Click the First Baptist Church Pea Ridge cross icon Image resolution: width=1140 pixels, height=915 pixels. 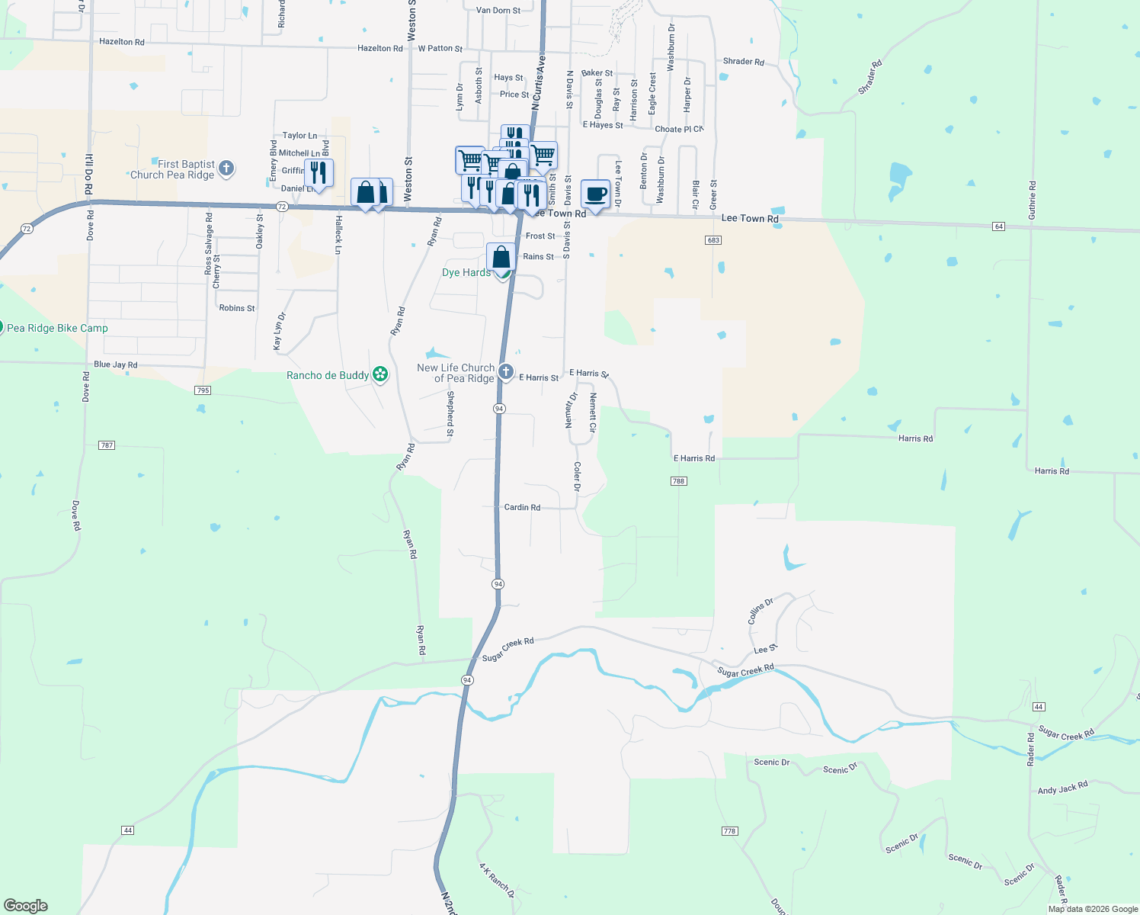(x=226, y=169)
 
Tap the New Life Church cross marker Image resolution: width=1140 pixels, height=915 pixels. (x=506, y=372)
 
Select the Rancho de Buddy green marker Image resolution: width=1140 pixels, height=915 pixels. (x=380, y=374)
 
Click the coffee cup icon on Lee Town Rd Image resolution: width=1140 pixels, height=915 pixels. (x=595, y=194)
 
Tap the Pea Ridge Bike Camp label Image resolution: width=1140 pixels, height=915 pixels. (x=57, y=328)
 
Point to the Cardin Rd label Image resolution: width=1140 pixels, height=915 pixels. (x=522, y=507)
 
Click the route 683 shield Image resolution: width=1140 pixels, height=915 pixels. (x=713, y=240)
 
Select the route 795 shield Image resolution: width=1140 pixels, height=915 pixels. (x=203, y=390)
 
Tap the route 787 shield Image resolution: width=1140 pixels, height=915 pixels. (x=107, y=445)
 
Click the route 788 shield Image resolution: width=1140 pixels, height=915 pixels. (x=678, y=481)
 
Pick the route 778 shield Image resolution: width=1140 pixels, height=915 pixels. (x=729, y=831)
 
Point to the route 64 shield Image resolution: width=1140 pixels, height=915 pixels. (x=999, y=226)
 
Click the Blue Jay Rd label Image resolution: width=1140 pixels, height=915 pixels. (x=116, y=364)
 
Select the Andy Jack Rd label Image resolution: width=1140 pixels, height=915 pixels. (x=1062, y=788)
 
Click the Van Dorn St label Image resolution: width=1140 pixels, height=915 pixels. (x=498, y=11)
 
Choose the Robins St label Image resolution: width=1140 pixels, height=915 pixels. (x=237, y=308)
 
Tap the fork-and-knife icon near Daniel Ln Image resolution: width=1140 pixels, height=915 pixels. (x=319, y=172)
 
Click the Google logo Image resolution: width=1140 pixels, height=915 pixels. (x=26, y=906)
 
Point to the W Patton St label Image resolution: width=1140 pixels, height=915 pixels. (x=440, y=48)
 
